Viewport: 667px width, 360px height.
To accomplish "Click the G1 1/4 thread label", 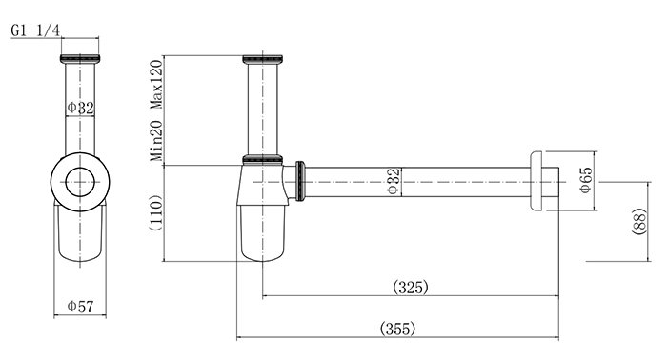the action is (x=36, y=30).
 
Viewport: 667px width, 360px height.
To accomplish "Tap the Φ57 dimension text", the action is (x=80, y=306).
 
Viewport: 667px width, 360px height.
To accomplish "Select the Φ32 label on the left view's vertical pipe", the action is (x=81, y=108).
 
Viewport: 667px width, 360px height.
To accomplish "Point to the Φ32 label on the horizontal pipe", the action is (x=394, y=182).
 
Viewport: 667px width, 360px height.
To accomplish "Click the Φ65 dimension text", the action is (x=586, y=180).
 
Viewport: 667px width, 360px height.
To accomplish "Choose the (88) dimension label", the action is (x=639, y=221).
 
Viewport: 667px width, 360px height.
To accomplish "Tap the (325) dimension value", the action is (x=411, y=287).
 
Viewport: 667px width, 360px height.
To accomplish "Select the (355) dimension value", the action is (x=397, y=329).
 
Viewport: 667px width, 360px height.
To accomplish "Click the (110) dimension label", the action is (x=155, y=212).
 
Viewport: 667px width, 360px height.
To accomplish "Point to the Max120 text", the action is (x=156, y=84).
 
